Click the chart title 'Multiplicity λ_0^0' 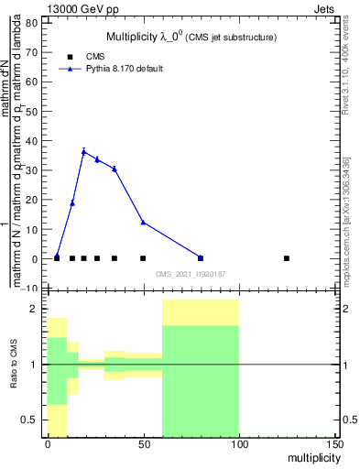click(191, 37)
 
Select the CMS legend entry click(95, 57)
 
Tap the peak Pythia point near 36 click(83, 151)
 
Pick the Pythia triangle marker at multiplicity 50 click(143, 222)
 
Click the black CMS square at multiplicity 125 click(287, 258)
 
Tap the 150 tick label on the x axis click(334, 443)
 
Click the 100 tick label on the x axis click(238, 443)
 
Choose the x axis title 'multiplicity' click(311, 456)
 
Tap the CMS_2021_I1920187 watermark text click(191, 274)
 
